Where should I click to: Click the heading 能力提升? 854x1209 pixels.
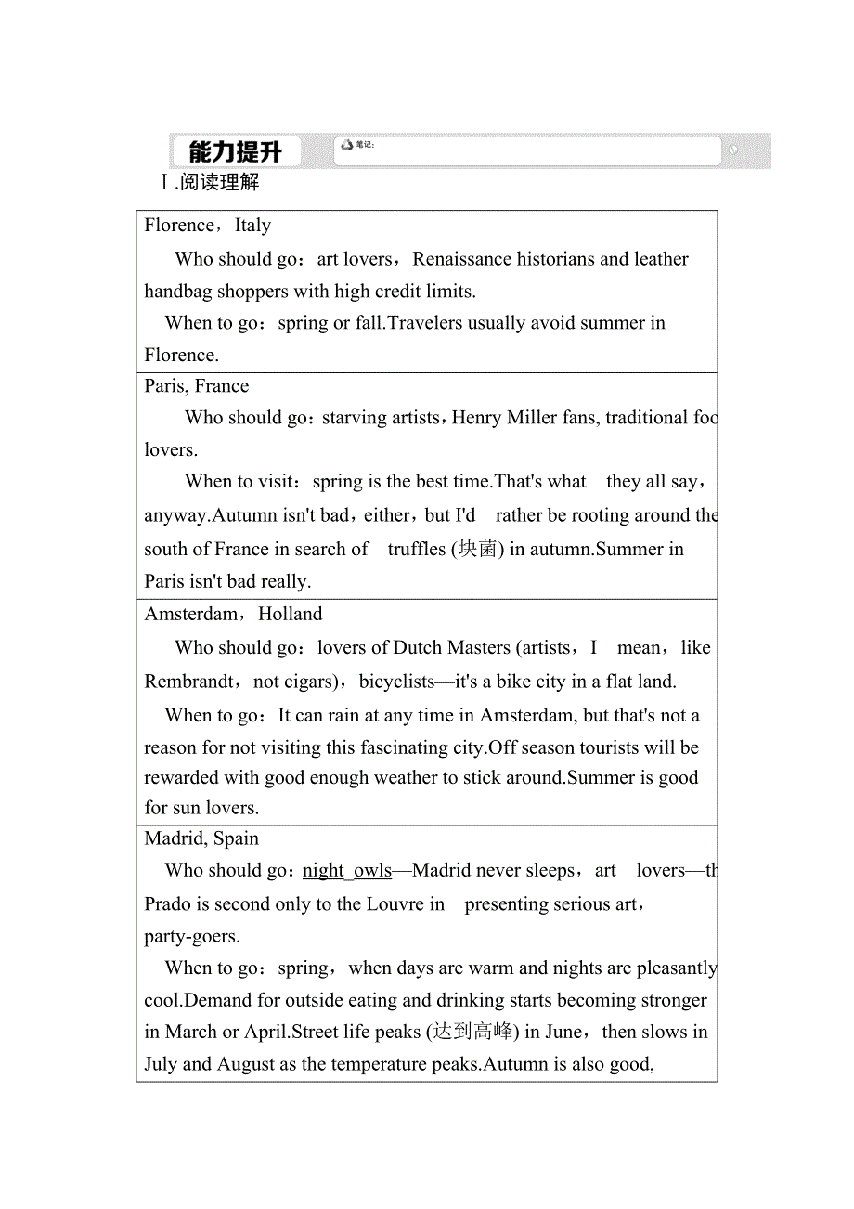point(234,151)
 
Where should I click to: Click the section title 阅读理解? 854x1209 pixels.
point(220,182)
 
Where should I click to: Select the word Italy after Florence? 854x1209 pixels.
point(252,226)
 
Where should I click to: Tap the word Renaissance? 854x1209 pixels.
point(460,259)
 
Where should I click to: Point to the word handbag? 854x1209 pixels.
point(176,292)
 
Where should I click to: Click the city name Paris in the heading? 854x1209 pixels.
point(164,386)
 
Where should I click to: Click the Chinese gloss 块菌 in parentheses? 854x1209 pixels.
point(478,550)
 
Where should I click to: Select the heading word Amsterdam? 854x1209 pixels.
point(191,615)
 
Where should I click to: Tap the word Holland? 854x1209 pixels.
point(291,615)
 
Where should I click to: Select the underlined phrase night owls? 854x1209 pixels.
point(347,871)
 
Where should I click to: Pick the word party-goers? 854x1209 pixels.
point(191,937)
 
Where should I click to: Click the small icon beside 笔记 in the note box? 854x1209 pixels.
point(347,145)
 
